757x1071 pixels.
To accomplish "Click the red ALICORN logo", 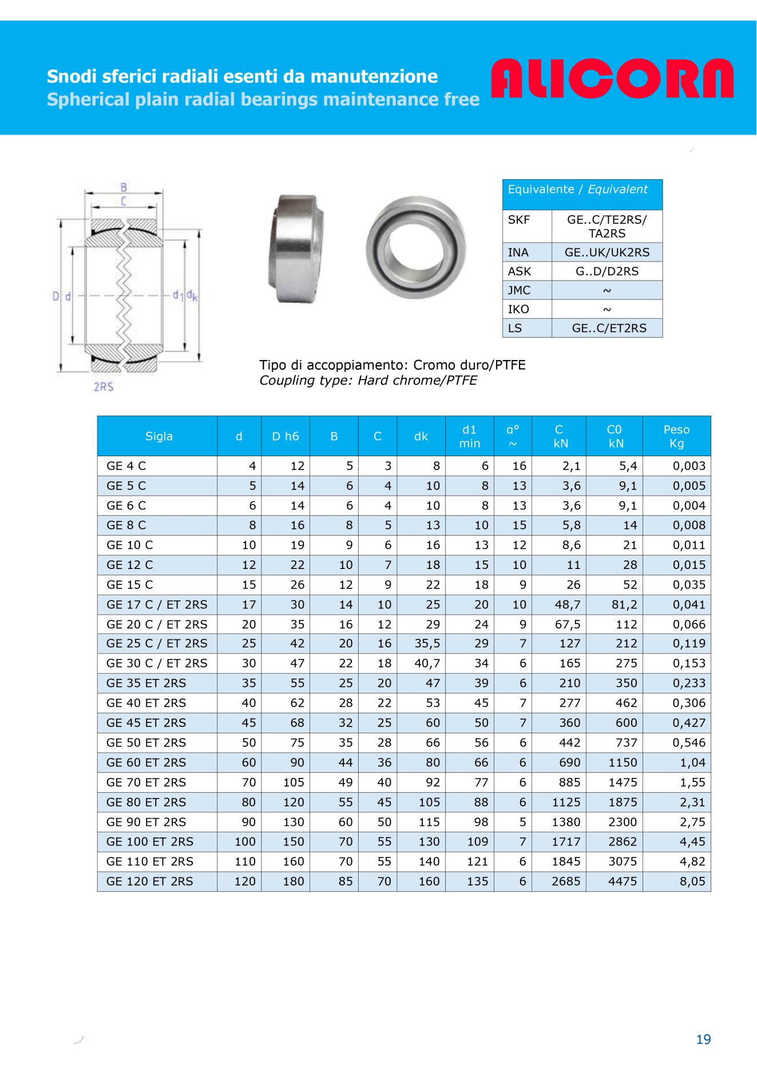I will coord(612,79).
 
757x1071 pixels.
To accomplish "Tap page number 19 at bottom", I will coord(703,1039).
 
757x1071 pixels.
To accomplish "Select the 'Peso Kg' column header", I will coord(676,436).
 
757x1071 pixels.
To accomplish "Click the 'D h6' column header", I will coord(285,436).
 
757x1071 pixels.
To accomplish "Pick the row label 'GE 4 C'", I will coord(126,466).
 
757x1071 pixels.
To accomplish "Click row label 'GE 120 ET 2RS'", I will coord(150,881).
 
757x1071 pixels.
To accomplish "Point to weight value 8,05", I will coord(692,881).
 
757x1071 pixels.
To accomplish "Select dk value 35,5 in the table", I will coord(427,643).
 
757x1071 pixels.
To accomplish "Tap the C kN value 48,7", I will coord(568,604).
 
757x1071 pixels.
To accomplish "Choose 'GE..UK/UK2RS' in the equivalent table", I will coord(607,252).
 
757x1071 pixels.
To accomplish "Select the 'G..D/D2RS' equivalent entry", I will coord(607,271).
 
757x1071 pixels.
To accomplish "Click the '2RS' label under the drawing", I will coord(104,387).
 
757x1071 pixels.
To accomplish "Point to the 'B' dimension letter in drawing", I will coord(123,187).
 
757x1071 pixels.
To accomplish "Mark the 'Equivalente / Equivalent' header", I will coord(578,189).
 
